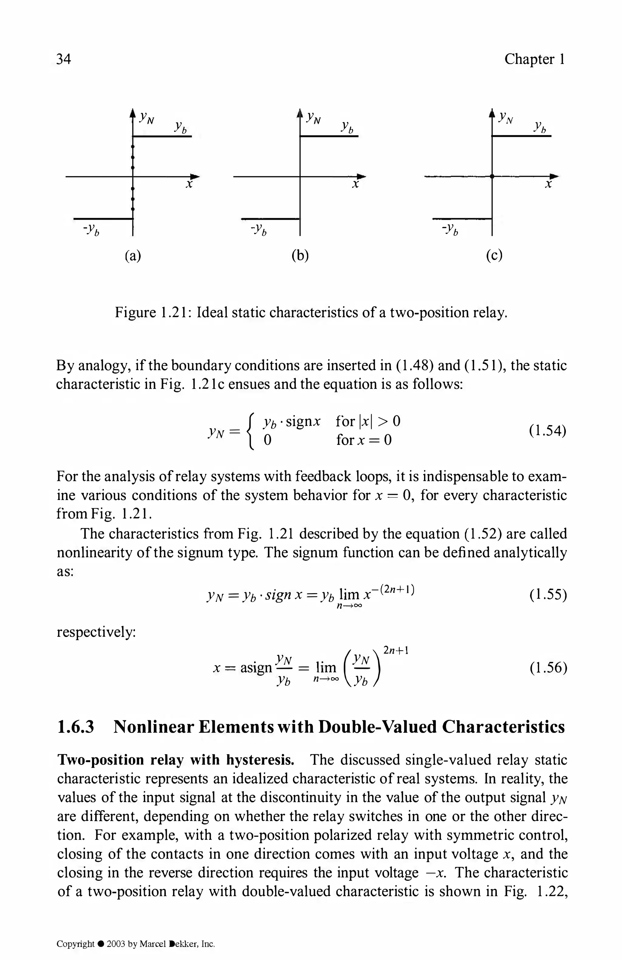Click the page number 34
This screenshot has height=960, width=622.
coord(63,59)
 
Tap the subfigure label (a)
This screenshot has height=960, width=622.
coord(132,256)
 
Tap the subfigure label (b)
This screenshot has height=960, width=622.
coord(299,256)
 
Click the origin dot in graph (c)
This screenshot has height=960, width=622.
coord(492,176)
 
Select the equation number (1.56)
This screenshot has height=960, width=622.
coord(547,668)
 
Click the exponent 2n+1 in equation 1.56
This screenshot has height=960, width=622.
coord(396,650)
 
